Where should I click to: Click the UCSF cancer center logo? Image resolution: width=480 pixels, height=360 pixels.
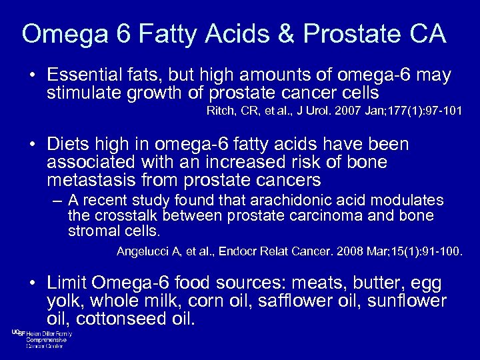click(41, 339)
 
